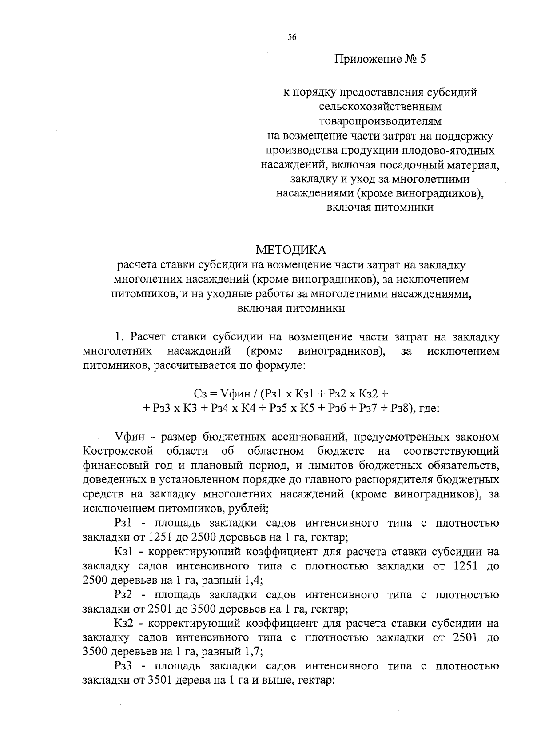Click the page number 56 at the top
click(291, 37)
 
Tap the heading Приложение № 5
click(380, 59)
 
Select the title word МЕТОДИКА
click(291, 250)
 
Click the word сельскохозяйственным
click(380, 107)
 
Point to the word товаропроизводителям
click(380, 121)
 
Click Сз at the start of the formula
click(200, 393)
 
